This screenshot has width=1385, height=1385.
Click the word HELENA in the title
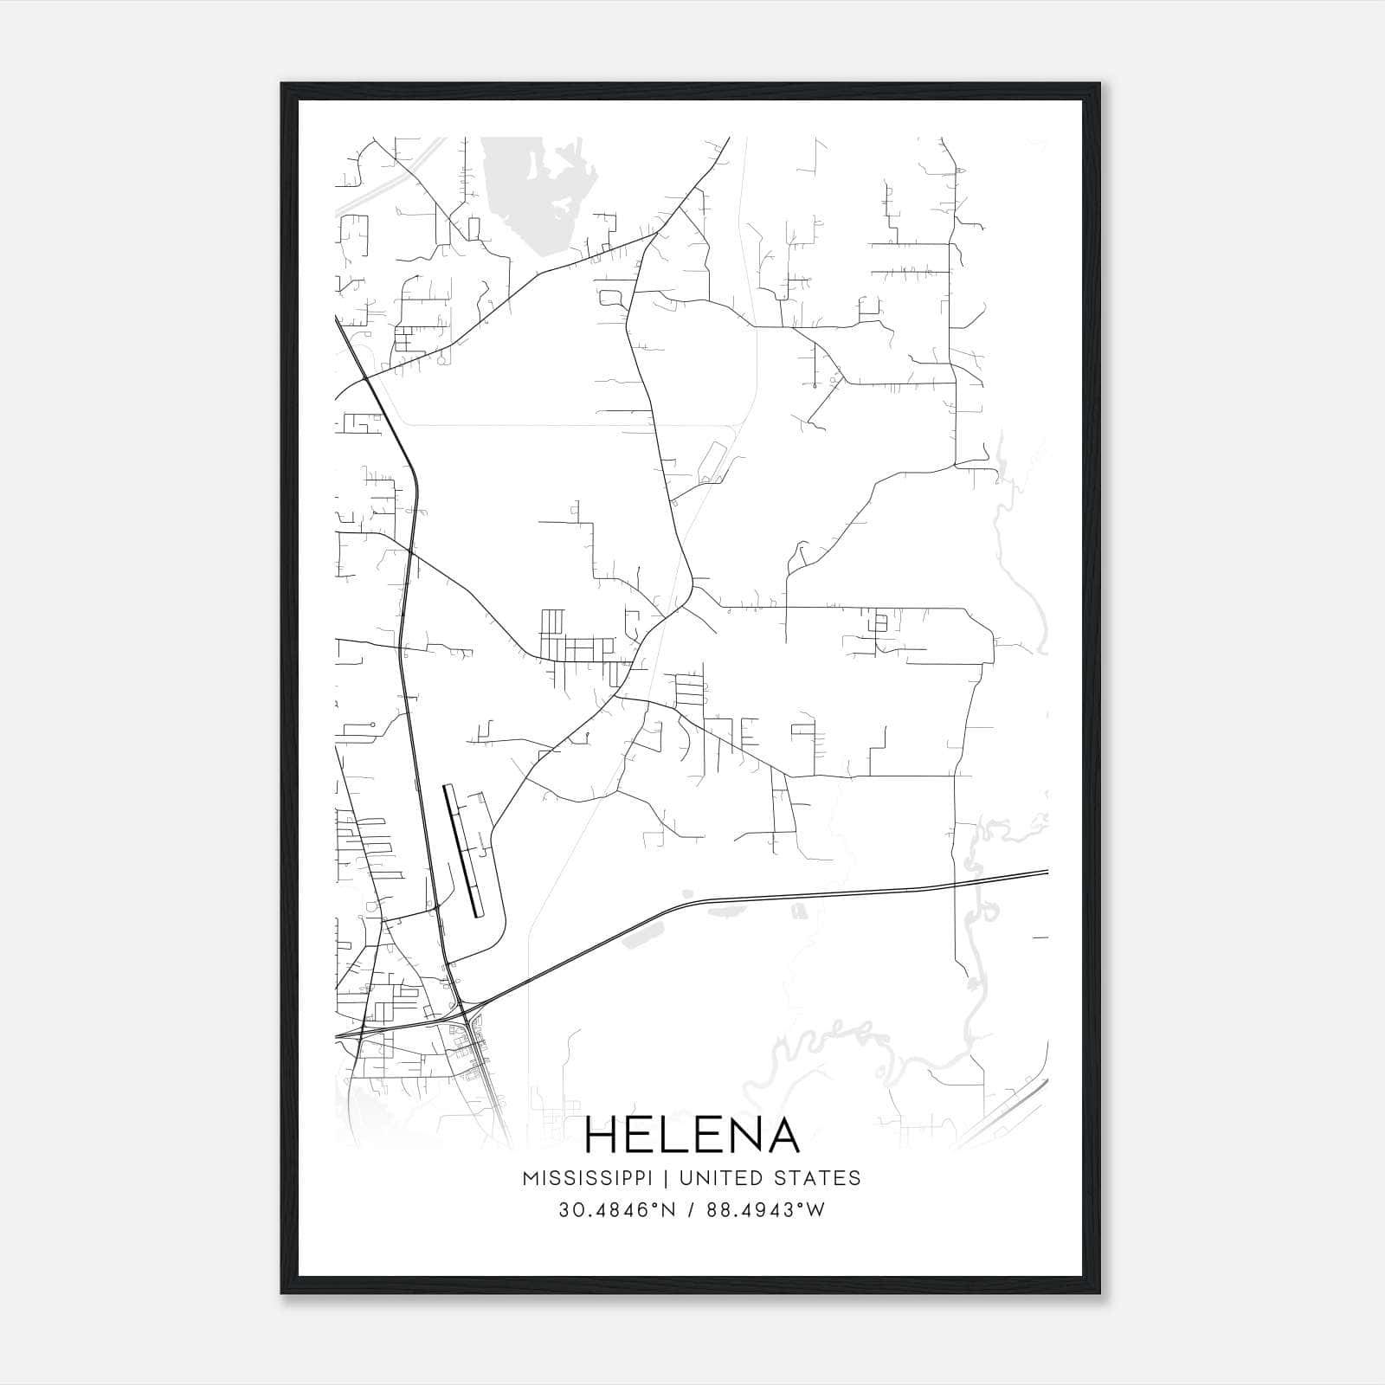click(x=692, y=1135)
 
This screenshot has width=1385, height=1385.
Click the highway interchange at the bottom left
click(x=467, y=1013)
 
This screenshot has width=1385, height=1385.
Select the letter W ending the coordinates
click(x=815, y=1209)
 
